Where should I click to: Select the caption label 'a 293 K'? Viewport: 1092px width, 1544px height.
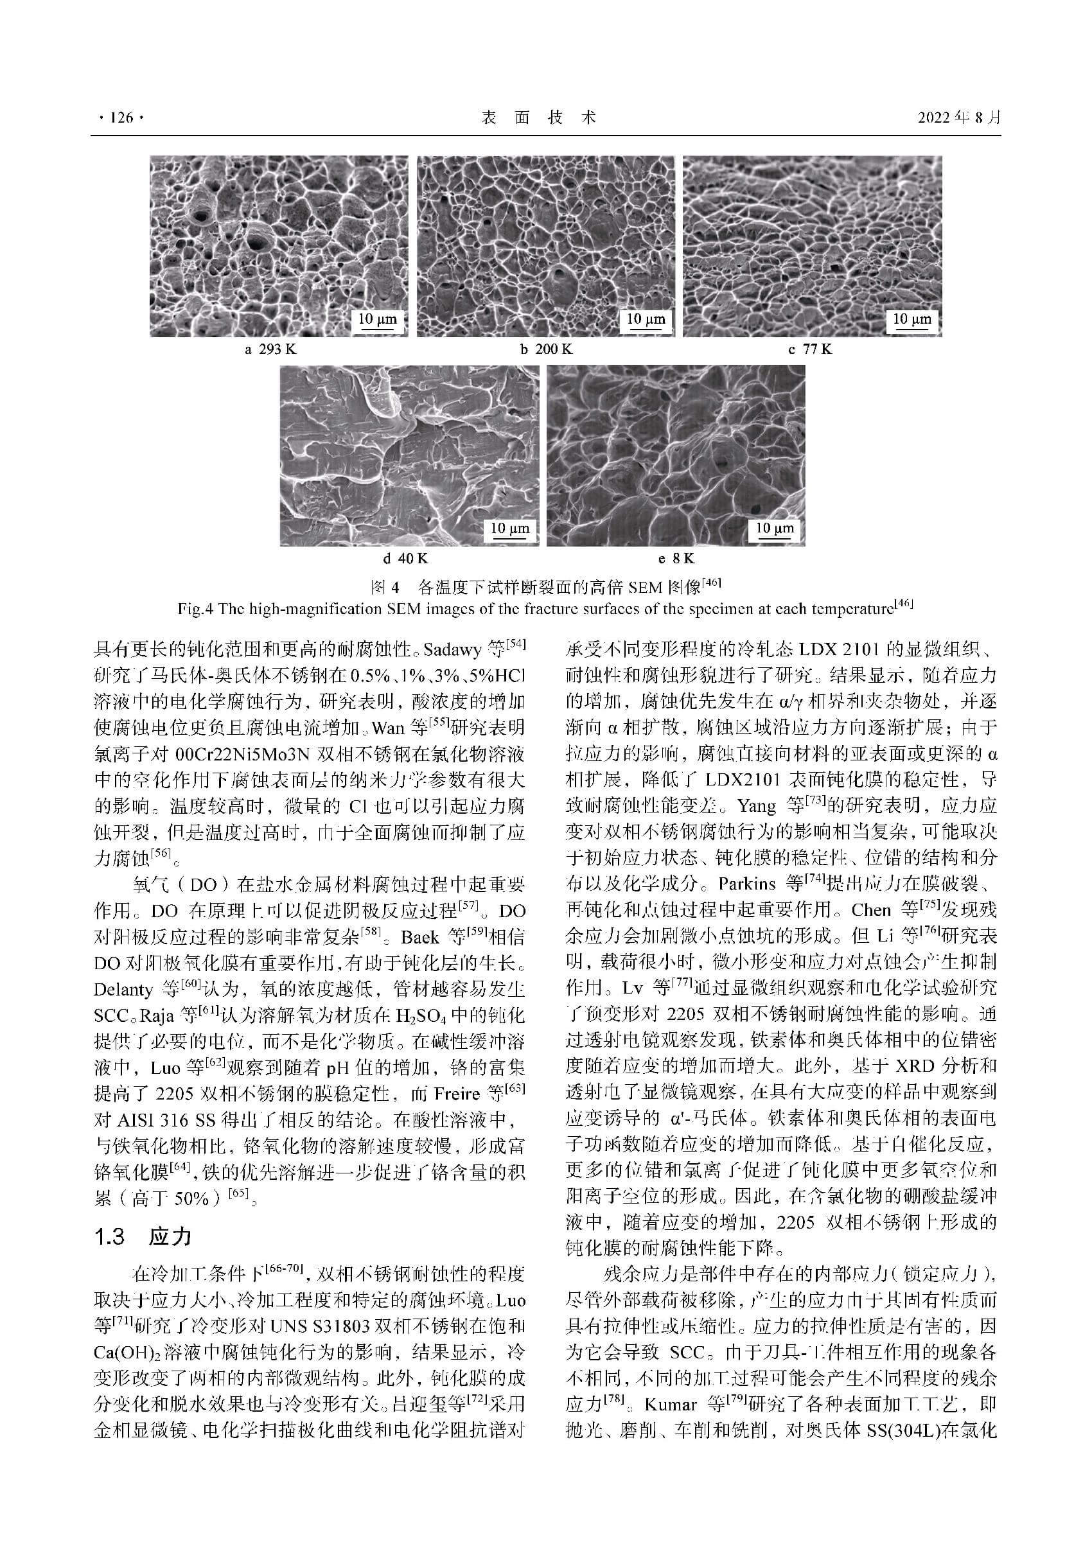(x=270, y=349)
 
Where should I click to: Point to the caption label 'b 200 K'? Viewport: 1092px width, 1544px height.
(x=545, y=349)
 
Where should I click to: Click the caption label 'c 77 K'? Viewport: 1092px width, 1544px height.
(x=810, y=349)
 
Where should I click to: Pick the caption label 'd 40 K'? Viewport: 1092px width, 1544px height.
(x=405, y=558)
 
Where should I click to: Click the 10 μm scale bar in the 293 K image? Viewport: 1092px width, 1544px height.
(x=378, y=320)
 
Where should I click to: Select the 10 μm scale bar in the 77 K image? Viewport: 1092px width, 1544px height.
(x=911, y=320)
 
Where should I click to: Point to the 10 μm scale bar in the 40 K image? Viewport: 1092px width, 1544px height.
(x=509, y=529)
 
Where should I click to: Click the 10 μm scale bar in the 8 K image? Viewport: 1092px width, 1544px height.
(x=775, y=529)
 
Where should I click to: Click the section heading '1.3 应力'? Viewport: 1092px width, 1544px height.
(x=143, y=1236)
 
